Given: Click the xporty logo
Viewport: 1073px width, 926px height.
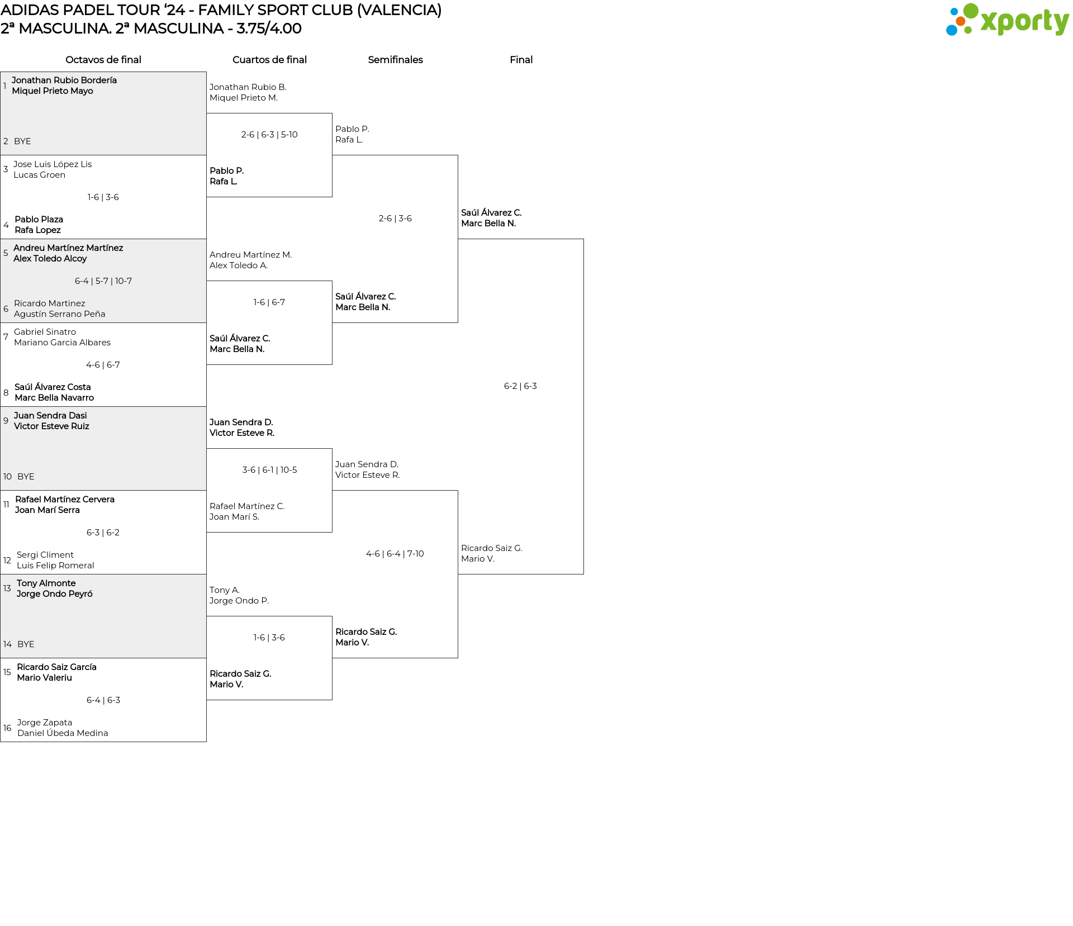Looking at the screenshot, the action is coord(1007,20).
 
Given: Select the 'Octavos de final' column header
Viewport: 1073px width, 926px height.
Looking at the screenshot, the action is coord(103,60).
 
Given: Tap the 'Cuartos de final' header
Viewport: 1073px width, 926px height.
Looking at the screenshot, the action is coord(269,60).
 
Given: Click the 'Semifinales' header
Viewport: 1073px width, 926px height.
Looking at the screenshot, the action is coord(395,60).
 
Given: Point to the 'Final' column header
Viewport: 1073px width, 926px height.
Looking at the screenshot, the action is coord(521,60).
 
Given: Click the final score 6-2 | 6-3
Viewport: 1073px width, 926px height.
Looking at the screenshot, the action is coord(520,386).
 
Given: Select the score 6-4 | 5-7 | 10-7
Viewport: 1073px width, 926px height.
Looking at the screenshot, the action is coord(103,281).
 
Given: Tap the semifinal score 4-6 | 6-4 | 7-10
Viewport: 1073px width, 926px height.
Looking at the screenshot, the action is coord(395,554).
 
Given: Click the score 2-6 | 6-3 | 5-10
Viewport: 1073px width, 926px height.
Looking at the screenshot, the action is coord(269,135).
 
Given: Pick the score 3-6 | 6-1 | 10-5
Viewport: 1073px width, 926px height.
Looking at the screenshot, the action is coord(269,470).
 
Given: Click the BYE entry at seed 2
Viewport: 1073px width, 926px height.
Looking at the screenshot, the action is coord(22,141).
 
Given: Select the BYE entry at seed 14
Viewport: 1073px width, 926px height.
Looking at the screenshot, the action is coord(26,644).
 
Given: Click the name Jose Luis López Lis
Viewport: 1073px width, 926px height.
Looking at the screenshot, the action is coord(53,164).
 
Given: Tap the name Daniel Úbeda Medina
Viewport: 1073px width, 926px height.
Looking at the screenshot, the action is coord(63,733).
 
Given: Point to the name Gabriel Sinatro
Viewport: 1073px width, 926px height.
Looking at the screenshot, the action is coord(45,332).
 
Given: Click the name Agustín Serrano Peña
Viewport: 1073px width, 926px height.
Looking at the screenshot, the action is coord(60,314).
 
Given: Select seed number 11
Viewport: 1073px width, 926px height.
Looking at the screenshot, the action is coord(6,505).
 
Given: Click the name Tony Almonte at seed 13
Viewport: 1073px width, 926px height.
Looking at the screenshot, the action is coord(46,583).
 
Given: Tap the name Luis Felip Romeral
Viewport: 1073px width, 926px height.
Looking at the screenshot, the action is coord(55,566).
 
